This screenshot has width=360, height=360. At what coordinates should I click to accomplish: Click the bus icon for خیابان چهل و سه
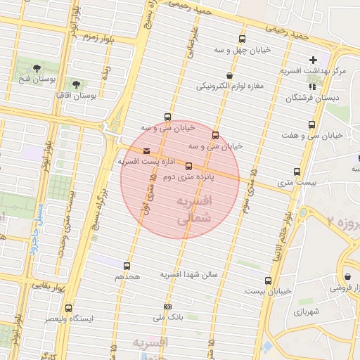coord(243,39)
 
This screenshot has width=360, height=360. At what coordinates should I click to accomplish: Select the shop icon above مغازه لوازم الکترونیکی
coord(229,75)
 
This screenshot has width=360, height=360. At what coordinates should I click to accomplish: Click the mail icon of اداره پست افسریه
coord(146,150)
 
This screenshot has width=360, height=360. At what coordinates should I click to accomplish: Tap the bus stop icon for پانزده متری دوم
coord(188,166)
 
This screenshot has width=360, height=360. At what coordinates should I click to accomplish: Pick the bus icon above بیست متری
coord(296,171)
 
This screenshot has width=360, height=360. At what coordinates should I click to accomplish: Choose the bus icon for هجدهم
coord(127,266)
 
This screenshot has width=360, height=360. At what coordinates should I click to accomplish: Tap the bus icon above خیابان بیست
coord(268,280)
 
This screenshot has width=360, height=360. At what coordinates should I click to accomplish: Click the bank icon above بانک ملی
coord(167,307)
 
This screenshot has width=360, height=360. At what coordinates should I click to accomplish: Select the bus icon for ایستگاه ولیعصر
coord(68,308)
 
